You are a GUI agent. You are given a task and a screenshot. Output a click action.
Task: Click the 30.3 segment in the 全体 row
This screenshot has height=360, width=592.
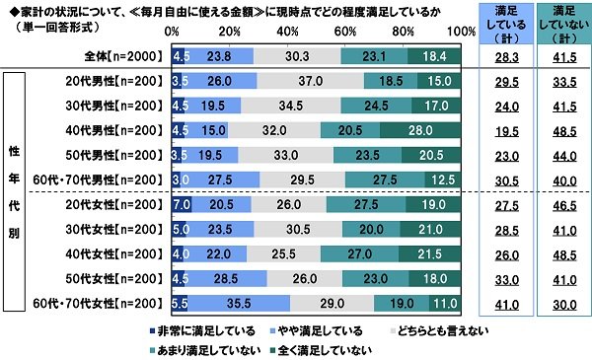tap(296, 57)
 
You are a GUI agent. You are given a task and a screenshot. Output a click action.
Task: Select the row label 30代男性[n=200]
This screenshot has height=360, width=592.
tap(108, 106)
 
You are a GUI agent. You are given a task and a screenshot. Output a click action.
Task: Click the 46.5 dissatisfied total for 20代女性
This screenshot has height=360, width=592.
tap(558, 205)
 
